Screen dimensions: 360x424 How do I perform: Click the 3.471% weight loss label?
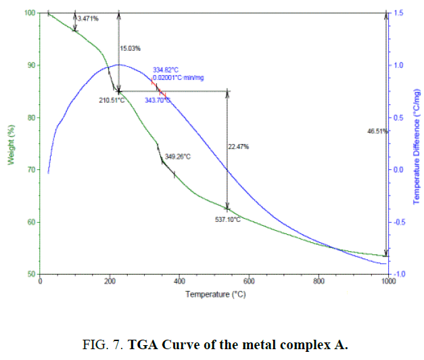coord(89,18)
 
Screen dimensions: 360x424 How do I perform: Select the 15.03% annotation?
coord(130,48)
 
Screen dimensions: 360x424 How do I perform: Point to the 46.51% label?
coord(377,131)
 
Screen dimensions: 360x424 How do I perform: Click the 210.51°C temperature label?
coord(112,100)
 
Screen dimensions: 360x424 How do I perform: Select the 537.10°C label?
coord(227,219)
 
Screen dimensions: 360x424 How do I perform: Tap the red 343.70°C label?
coord(158,100)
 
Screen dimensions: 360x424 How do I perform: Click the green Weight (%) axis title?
coord(10,143)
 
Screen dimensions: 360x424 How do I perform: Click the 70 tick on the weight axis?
coord(29,170)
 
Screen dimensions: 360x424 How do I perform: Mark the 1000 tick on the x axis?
coord(387,282)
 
